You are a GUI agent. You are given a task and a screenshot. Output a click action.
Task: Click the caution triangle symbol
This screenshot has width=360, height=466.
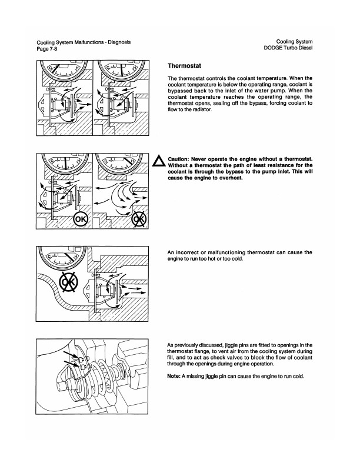pos(157,162)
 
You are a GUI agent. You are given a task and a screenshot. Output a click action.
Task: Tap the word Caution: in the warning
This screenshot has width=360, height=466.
pos(181,159)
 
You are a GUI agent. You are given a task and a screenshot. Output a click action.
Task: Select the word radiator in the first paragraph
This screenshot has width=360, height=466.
pos(206,109)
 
